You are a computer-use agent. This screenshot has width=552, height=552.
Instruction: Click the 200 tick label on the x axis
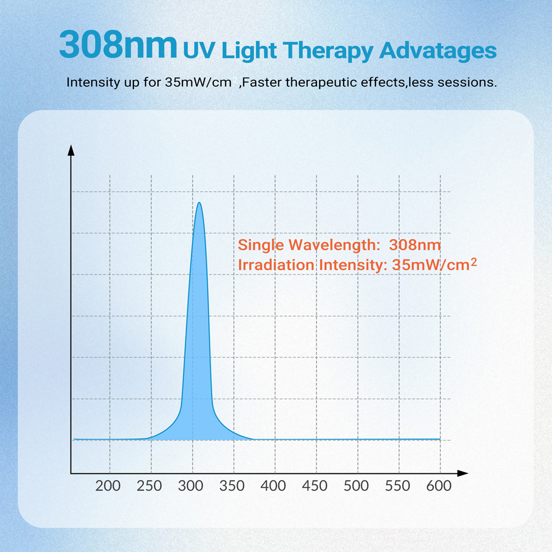tap(108, 486)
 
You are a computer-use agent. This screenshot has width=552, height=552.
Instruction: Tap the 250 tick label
tap(149, 486)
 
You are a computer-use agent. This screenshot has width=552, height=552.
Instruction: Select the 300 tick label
tap(191, 486)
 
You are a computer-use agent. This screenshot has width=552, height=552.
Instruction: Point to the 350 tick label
tap(232, 486)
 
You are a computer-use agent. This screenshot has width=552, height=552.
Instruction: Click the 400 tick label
tap(273, 486)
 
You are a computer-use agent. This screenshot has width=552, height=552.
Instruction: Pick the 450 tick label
tap(315, 486)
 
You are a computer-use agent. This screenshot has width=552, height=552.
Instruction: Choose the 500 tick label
tap(356, 486)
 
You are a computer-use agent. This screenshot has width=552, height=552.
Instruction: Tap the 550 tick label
tap(397, 486)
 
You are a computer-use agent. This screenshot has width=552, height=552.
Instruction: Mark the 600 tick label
tap(439, 486)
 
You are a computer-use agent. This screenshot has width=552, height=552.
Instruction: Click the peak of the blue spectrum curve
tap(199, 203)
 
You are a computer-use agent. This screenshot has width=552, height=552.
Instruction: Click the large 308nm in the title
tap(118, 46)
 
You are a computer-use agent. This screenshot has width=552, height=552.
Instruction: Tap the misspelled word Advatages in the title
tap(437, 51)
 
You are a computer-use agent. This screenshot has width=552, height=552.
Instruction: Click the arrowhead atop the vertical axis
tap(71, 150)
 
